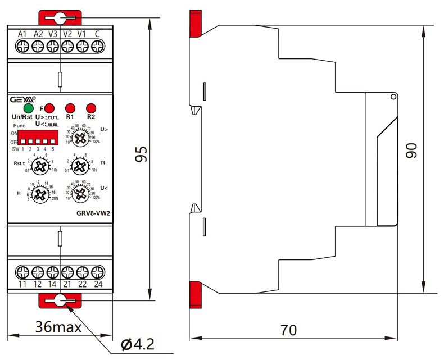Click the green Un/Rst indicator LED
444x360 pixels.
coord(28,108)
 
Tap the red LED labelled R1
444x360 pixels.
coord(70,108)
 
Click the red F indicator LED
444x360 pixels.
coord(49,108)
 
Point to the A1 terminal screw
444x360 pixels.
coord(22,48)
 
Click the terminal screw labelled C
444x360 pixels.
coord(97,48)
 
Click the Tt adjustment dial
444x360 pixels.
coord(80,165)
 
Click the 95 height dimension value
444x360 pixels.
coord(143,155)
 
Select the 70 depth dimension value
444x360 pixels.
coord(288,330)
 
